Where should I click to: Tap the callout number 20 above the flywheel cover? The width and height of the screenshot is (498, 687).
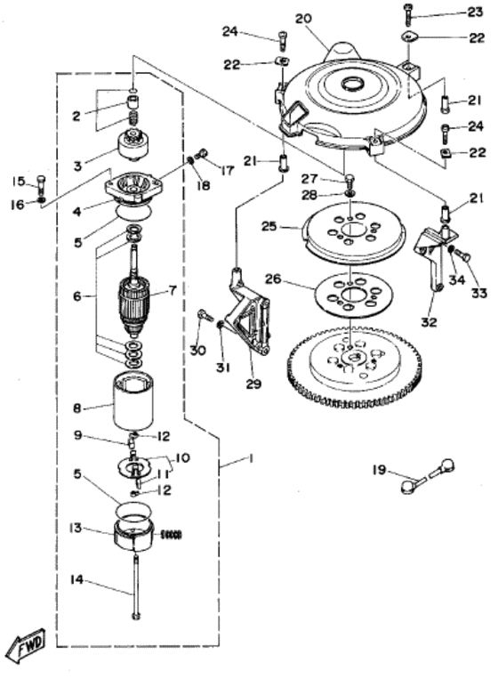pyautogui.click(x=303, y=19)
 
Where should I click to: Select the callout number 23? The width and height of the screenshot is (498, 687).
pyautogui.click(x=475, y=12)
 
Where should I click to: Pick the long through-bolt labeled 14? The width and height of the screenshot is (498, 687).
pyautogui.click(x=136, y=588)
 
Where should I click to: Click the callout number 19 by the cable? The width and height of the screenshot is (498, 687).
pyautogui.click(x=380, y=470)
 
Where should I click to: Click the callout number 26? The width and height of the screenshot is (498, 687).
pyautogui.click(x=272, y=279)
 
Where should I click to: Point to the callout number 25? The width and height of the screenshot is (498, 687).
pyautogui.click(x=269, y=227)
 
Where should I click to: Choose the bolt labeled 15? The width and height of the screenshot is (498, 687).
pyautogui.click(x=41, y=186)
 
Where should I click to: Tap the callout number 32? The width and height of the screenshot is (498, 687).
pyautogui.click(x=430, y=322)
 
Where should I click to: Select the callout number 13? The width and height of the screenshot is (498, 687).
pyautogui.click(x=76, y=528)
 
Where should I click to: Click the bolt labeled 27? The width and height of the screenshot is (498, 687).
pyautogui.click(x=349, y=180)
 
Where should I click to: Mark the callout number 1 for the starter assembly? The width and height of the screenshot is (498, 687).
pyautogui.click(x=251, y=458)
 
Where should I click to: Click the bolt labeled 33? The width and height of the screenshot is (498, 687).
pyautogui.click(x=463, y=256)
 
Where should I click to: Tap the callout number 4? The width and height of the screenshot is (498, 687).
pyautogui.click(x=77, y=211)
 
